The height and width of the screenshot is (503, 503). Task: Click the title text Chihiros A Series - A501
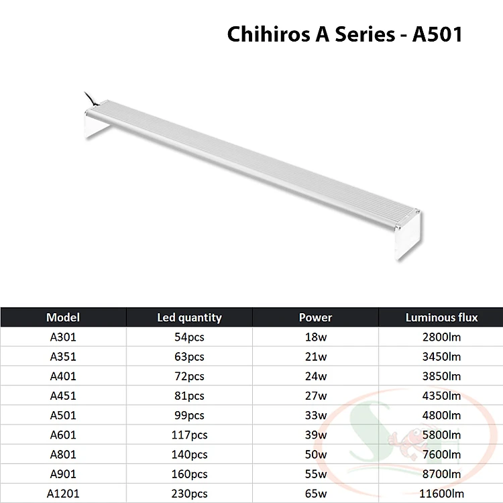click(x=345, y=34)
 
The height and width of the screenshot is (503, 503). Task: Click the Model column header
click(x=63, y=317)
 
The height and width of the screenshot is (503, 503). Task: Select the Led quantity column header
click(x=189, y=317)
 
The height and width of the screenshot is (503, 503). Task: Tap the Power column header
click(x=315, y=317)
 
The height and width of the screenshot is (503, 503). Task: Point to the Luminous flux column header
click(x=441, y=317)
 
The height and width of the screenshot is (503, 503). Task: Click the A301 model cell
click(x=63, y=337)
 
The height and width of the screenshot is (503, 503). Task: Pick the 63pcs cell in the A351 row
click(x=189, y=357)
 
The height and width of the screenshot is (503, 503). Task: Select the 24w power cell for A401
click(x=316, y=376)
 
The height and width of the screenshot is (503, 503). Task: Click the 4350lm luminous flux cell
click(x=441, y=396)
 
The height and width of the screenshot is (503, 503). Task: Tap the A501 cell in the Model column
click(x=63, y=415)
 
